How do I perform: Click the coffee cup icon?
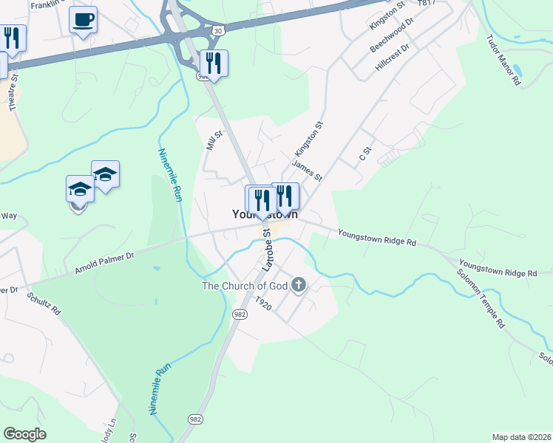[84, 18]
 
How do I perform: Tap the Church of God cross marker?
[299, 285]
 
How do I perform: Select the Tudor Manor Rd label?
[503, 60]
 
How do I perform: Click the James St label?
[307, 171]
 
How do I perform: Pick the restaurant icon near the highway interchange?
[214, 63]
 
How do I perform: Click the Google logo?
[24, 434]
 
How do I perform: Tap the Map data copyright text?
[521, 437]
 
